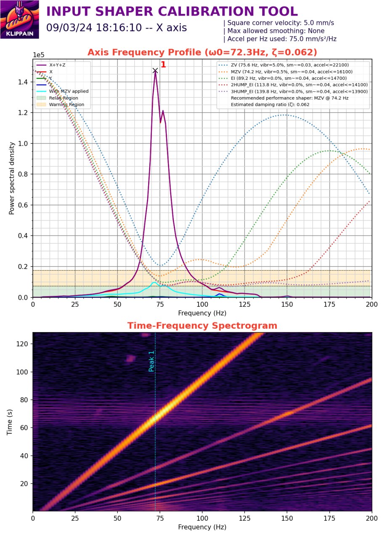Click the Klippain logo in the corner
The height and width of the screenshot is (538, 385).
coord(20,20)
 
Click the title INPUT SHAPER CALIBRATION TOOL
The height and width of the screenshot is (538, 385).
coord(172,11)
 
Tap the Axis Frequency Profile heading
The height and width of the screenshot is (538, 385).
coord(202,52)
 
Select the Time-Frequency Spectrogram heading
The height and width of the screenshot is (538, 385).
coord(202,326)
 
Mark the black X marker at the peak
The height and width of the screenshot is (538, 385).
coord(155,71)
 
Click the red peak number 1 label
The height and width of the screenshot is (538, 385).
coord(164,65)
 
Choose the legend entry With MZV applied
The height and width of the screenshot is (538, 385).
coord(69,91)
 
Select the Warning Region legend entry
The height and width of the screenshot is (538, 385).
coord(66,105)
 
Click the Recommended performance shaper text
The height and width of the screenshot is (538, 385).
coord(289,98)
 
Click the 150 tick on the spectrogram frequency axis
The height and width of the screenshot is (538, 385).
coord(287,519)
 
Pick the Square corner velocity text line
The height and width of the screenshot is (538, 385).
coord(280,23)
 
